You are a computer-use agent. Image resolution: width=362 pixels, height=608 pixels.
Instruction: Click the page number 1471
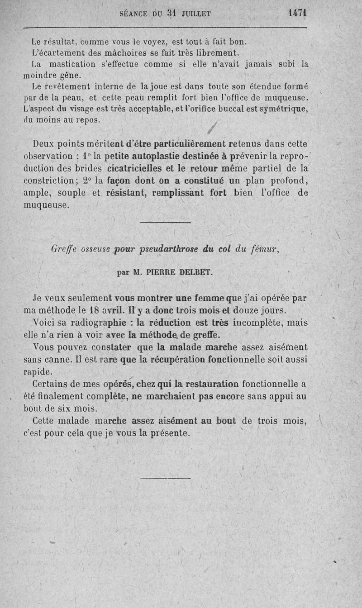(297, 13)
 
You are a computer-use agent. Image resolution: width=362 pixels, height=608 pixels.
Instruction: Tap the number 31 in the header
(171, 14)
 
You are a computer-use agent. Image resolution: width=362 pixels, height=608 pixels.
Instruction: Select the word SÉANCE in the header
(133, 14)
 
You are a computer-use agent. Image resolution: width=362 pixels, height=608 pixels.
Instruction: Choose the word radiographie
(93, 323)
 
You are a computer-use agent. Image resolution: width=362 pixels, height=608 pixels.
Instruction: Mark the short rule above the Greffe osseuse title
(165, 223)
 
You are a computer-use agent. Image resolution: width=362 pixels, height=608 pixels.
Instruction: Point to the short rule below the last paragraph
(165, 477)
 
